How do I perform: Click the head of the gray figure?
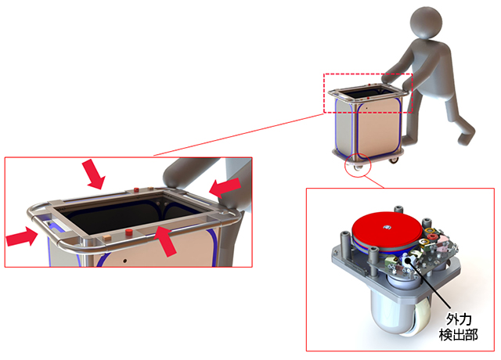tap(426, 23)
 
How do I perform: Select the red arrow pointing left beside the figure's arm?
tap(225, 188)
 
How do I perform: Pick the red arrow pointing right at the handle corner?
tap(22, 236)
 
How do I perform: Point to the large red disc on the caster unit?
tap(387, 230)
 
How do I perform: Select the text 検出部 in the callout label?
tap(459, 334)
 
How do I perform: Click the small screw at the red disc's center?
tap(387, 227)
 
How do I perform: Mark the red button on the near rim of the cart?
tap(129, 232)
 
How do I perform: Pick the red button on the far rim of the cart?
tap(136, 190)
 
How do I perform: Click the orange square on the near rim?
tap(106, 237)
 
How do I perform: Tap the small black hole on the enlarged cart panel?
tap(125, 261)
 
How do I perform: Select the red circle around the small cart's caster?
tap(358, 165)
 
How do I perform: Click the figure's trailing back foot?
tap(466, 138)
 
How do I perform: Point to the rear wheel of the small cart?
tap(395, 160)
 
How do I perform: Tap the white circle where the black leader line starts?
tap(409, 261)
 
